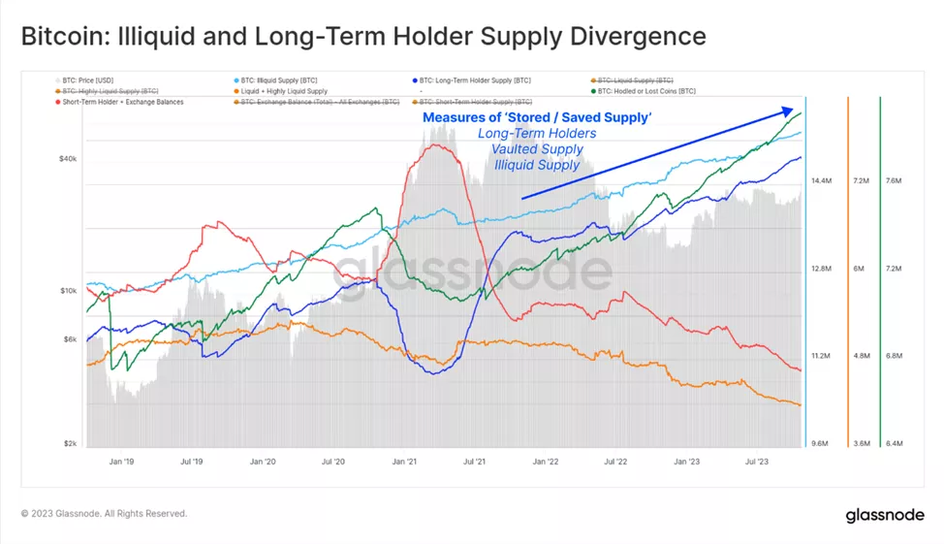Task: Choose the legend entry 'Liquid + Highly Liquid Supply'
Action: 284,91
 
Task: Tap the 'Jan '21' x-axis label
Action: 404,462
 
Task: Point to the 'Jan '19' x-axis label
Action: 122,462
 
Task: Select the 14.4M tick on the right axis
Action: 821,181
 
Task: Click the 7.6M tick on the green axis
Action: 894,181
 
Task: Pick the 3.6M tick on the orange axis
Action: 859,443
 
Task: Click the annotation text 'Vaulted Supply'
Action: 537,149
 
